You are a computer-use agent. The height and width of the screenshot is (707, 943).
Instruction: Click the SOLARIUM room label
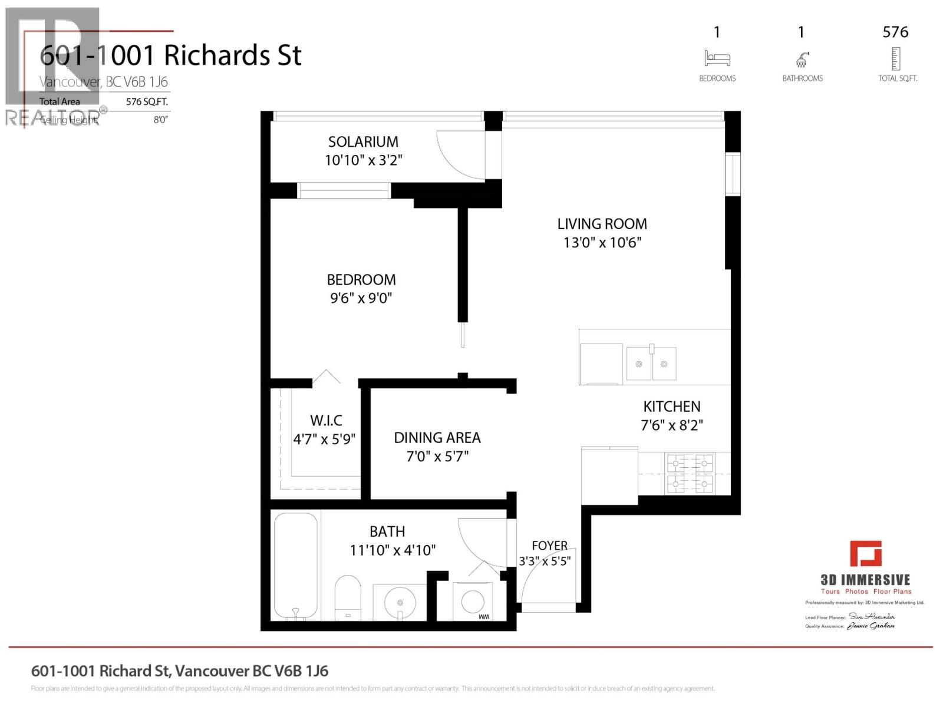tap(363, 142)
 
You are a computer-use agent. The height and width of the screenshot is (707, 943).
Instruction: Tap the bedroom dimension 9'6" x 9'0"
tap(361, 298)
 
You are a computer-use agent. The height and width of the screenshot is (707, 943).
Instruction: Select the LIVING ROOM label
tap(602, 224)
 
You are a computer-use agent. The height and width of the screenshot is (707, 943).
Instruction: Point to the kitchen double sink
tap(651, 364)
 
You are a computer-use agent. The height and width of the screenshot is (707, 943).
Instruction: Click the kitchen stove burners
tap(690, 474)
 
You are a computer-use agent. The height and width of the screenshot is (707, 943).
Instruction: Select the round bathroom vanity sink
tap(400, 603)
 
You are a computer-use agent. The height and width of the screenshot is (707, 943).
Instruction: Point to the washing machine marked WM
tap(473, 602)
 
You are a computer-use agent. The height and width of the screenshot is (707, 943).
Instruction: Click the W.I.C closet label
tap(326, 421)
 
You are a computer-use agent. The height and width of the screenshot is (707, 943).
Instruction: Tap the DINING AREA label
tap(437, 438)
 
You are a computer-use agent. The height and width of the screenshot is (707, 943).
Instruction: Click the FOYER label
tap(549, 546)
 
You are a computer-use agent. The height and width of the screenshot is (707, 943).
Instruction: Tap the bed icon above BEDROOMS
tap(717, 58)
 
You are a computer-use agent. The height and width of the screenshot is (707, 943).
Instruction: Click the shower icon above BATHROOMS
tap(802, 59)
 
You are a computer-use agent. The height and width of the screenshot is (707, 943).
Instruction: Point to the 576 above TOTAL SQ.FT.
tap(895, 32)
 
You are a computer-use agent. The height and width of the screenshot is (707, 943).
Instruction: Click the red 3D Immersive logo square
tap(865, 553)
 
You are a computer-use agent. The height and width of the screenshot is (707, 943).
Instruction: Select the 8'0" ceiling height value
tap(160, 120)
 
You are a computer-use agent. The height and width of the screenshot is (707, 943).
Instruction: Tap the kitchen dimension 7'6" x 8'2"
tap(672, 425)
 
